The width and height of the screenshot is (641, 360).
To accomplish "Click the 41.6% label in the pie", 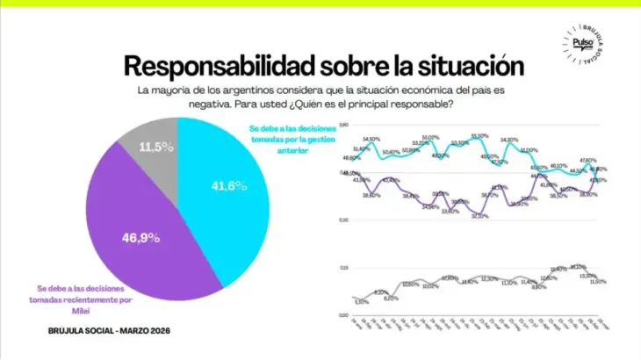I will (227, 186).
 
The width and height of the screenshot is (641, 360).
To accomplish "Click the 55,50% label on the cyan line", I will (479, 135).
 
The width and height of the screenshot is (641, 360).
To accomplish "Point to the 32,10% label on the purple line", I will (479, 216).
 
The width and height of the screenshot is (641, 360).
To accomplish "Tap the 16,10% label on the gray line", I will (578, 266).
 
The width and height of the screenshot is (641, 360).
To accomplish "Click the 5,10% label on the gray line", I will (360, 301).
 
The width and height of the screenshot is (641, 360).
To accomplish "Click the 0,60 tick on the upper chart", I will (343, 126).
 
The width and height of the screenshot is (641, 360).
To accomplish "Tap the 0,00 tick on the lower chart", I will (343, 313).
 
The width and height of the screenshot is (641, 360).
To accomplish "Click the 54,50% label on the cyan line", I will (371, 139).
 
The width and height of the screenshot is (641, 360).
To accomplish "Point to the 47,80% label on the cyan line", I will (587, 161).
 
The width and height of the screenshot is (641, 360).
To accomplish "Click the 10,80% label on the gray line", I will (410, 284).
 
